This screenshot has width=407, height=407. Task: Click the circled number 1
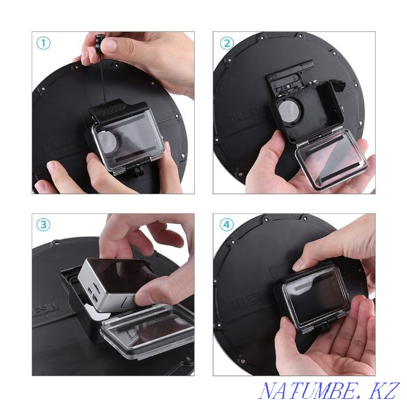[x=44, y=43]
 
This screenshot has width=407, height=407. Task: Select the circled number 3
[x=44, y=225]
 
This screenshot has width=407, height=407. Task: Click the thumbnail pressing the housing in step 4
[x=301, y=265]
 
